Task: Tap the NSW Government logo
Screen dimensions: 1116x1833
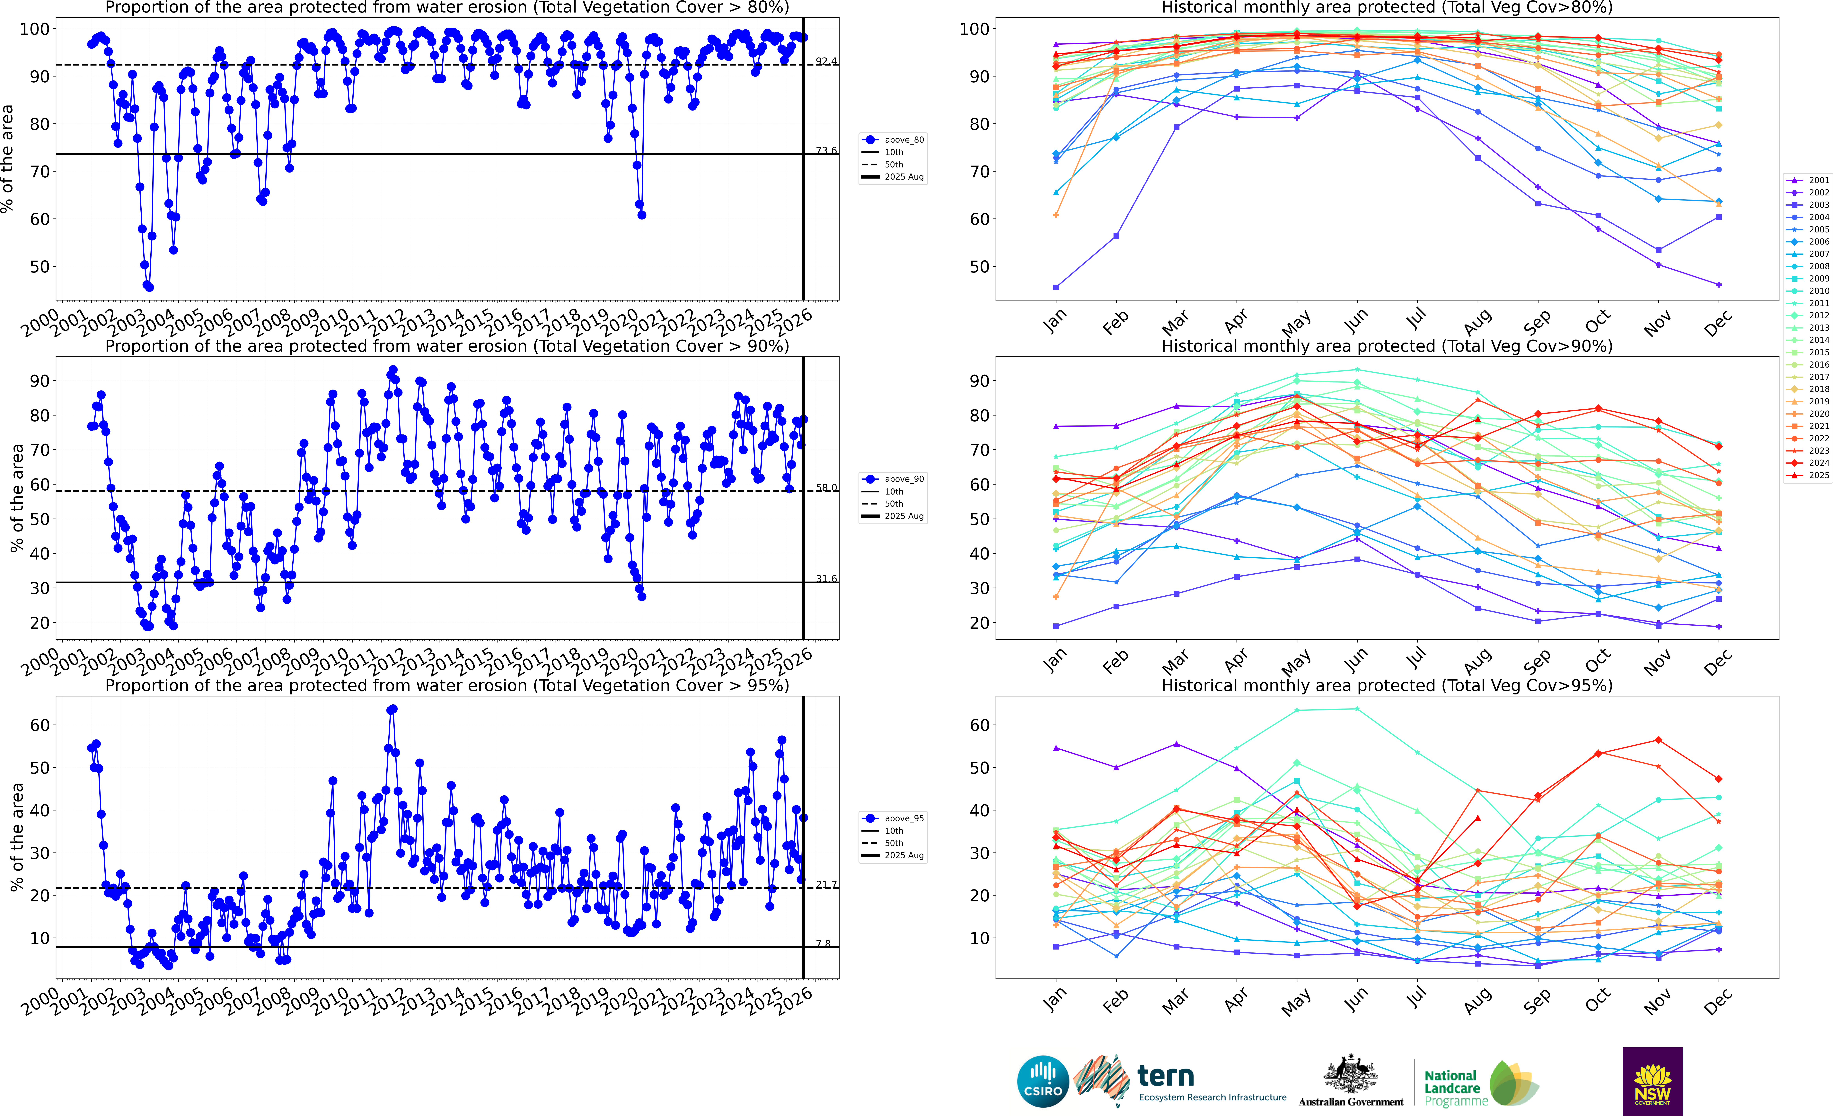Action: pos(1652,1081)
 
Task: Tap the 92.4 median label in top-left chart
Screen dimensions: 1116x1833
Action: pos(826,61)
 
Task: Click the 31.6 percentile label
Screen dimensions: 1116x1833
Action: pos(826,579)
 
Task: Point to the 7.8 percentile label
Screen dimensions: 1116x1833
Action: pos(823,943)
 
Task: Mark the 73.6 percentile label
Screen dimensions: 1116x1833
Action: pos(826,150)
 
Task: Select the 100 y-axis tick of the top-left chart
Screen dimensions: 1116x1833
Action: pos(34,29)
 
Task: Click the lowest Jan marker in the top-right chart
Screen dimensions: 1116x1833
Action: pos(1056,287)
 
